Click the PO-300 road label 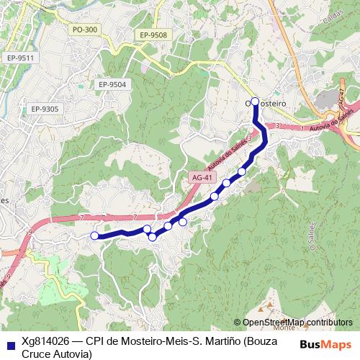coord(84,30)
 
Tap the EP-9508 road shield coord(154,35)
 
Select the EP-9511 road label coord(19,57)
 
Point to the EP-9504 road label coord(112,84)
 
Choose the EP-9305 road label coord(44,109)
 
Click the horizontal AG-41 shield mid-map coord(203,177)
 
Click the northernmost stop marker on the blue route coord(255,102)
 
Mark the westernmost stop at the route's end coord(94,235)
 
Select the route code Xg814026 coord(46,342)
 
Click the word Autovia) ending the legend coord(73,354)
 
